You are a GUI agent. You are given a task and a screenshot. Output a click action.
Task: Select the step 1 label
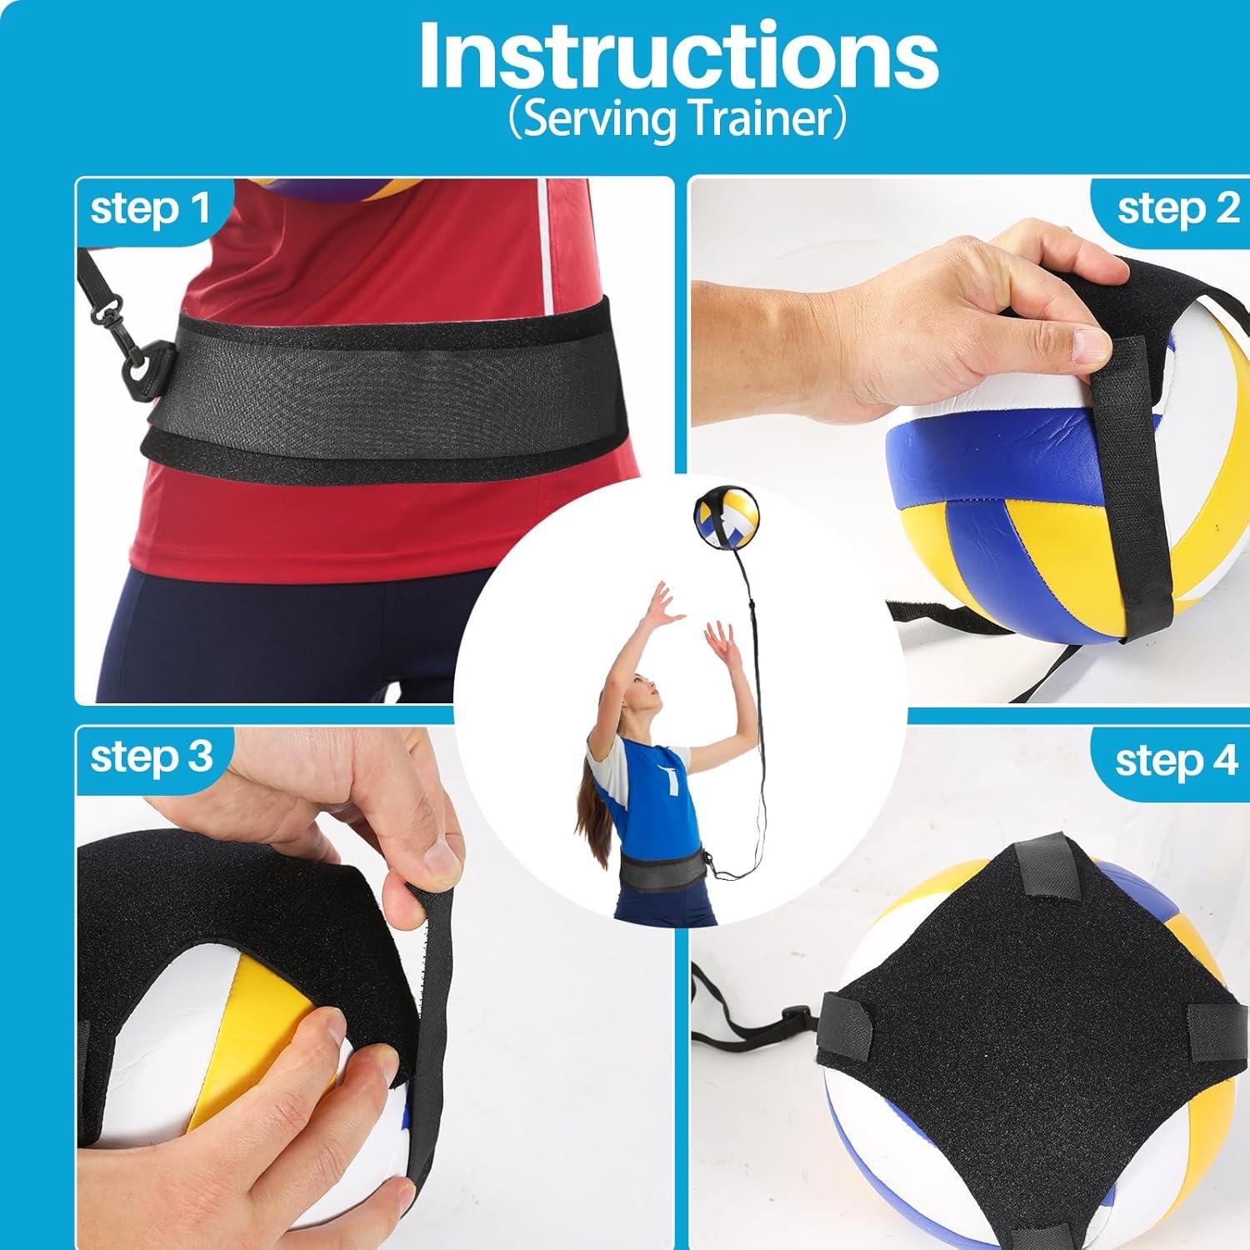[x=150, y=208]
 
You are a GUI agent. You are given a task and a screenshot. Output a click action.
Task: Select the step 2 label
[x=1177, y=208]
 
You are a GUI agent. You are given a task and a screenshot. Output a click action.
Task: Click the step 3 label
[x=151, y=757]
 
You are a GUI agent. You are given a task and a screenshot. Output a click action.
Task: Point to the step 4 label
[x=1176, y=760]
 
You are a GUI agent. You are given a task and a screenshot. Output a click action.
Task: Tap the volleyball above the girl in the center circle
[x=724, y=525]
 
